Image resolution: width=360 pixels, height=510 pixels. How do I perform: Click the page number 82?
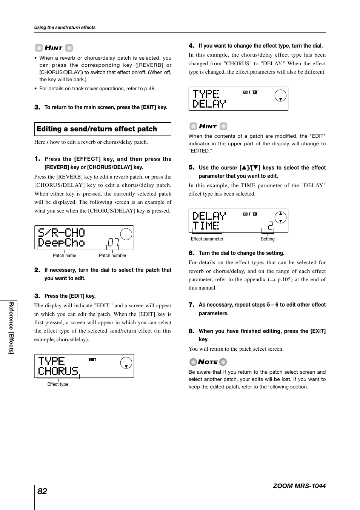click(x=42, y=491)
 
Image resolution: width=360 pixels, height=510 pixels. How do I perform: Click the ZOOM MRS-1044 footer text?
click(x=299, y=486)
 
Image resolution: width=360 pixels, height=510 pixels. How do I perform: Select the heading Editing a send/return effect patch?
click(x=97, y=129)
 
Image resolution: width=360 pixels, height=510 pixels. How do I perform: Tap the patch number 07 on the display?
click(x=113, y=242)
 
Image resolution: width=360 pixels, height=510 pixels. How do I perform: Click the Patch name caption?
click(x=65, y=256)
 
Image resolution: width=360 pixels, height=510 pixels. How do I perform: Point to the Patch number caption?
click(x=112, y=256)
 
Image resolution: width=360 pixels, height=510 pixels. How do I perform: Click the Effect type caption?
click(x=58, y=384)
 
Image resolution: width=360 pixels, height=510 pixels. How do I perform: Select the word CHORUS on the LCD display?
click(x=58, y=371)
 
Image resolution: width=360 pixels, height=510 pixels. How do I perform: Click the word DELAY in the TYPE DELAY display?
click(x=209, y=103)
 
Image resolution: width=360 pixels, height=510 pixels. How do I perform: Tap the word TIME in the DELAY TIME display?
click(x=206, y=226)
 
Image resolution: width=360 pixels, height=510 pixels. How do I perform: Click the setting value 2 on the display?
click(x=270, y=226)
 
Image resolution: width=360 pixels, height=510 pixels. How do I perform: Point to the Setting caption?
click(x=268, y=239)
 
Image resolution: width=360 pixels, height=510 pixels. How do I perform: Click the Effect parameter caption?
click(x=207, y=239)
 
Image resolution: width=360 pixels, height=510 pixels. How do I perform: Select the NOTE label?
click(x=208, y=362)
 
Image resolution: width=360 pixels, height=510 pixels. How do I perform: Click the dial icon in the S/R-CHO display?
click(x=126, y=234)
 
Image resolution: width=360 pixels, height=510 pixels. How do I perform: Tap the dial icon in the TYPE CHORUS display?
click(x=126, y=363)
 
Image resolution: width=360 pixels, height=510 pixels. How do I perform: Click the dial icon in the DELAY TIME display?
click(x=280, y=217)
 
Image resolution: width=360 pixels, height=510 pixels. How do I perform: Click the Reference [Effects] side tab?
click(x=11, y=328)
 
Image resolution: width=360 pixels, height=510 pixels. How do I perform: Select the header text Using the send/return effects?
click(x=65, y=28)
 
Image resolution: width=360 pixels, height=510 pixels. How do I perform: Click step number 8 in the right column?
click(x=191, y=331)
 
